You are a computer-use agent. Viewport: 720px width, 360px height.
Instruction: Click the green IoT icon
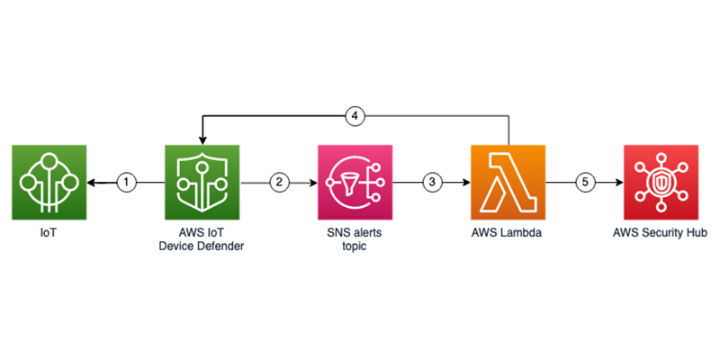click(x=49, y=182)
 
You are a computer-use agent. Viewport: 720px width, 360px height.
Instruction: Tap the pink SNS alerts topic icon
click(x=355, y=182)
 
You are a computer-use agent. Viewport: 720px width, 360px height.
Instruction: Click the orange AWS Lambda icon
click(x=508, y=182)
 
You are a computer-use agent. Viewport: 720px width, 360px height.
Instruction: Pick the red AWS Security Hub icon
click(x=661, y=182)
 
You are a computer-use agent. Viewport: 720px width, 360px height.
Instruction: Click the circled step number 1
click(x=127, y=182)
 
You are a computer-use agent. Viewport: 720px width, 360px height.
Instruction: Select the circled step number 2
click(x=280, y=182)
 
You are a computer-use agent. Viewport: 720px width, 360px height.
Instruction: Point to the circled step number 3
click(x=433, y=182)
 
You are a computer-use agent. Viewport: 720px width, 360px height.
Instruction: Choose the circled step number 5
click(x=585, y=182)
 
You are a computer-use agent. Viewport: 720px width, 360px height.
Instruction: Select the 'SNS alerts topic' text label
click(x=355, y=238)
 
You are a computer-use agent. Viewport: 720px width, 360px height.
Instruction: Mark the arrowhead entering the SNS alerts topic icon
click(x=311, y=182)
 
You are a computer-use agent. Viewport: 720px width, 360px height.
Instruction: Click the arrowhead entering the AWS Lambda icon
click(x=464, y=182)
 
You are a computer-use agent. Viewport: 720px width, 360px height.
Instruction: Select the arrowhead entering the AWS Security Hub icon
click(x=617, y=182)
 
